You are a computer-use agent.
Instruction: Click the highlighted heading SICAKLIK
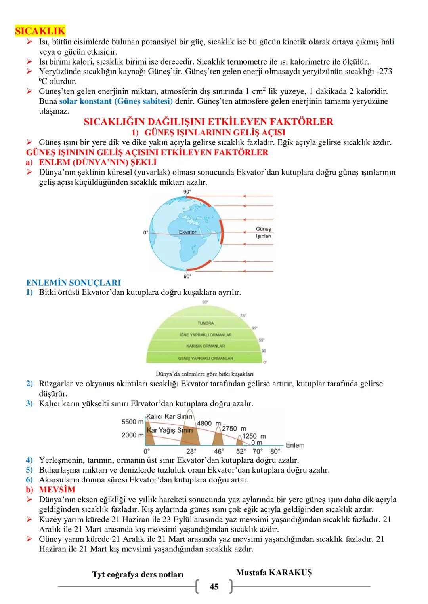coord(40,31)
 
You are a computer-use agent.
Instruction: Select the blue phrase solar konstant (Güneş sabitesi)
coord(116,101)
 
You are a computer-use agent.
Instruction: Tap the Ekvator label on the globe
coord(187,232)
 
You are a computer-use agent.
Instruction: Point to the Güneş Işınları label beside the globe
coord(263,232)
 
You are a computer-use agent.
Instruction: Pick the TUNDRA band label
coord(205,323)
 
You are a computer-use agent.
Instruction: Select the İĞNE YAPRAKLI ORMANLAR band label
coord(205,335)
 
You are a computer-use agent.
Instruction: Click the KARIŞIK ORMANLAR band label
coord(205,346)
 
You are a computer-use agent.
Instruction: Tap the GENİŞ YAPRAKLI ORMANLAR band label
coord(205,358)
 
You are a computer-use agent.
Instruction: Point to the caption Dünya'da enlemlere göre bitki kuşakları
coord(204,374)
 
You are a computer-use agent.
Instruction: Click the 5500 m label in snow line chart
coord(132,422)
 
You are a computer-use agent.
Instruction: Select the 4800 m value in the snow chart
coord(208,424)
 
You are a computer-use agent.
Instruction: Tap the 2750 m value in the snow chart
coord(234,429)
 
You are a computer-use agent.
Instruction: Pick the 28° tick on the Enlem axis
coord(191,451)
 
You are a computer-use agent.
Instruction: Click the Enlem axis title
coord(295,445)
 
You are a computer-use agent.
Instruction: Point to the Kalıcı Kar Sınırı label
coord(169,417)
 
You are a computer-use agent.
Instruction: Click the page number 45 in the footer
coord(214,587)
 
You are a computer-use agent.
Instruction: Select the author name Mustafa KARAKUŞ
coord(274,572)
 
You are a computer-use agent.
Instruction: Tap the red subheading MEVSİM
coord(57,490)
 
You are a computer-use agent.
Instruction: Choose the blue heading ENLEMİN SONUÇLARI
coord(73,283)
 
